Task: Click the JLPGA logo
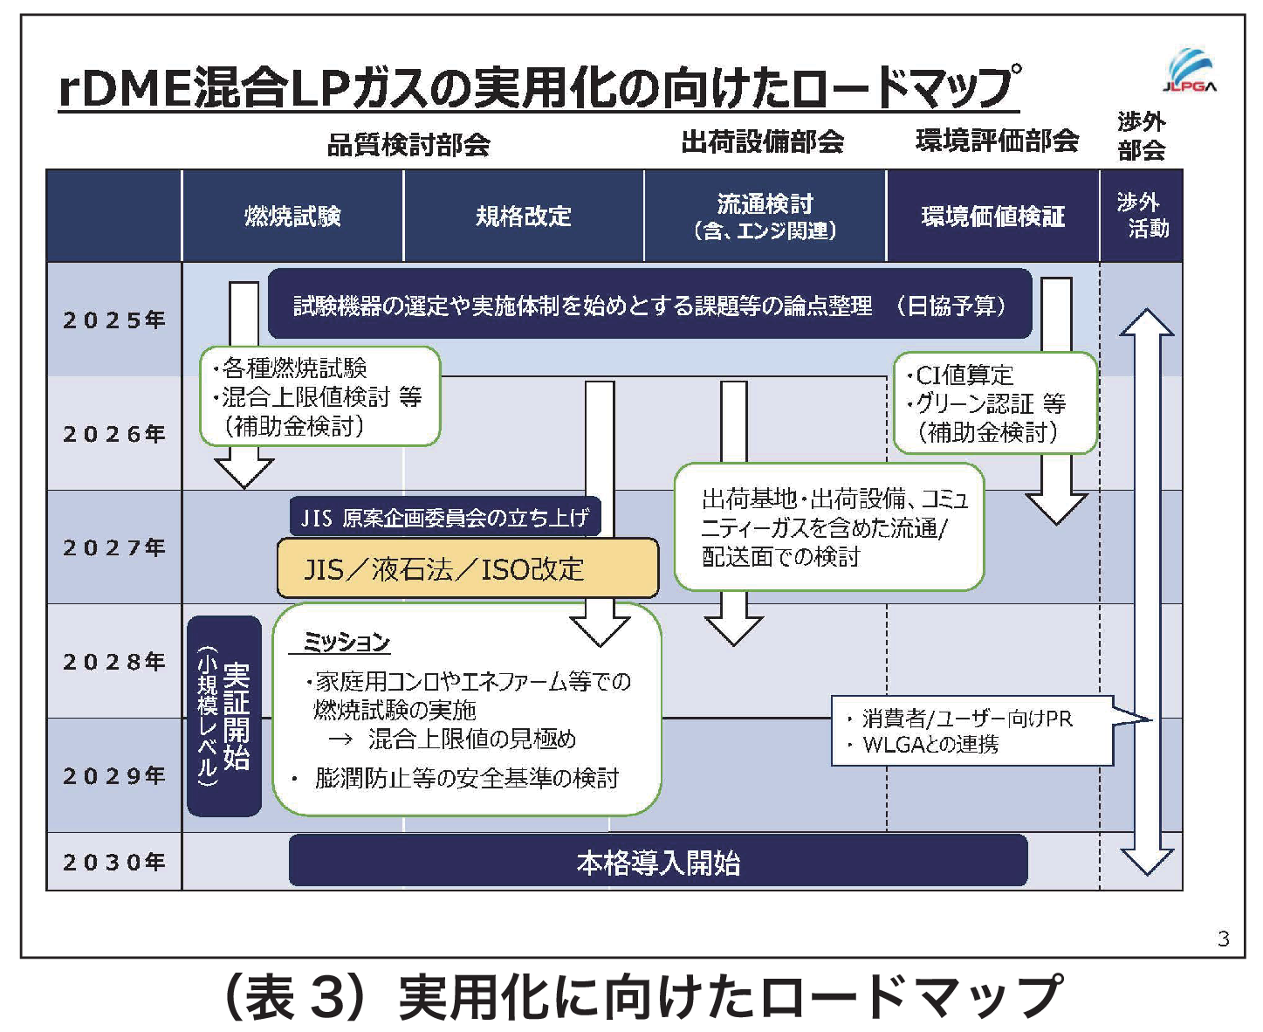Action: pyautogui.click(x=1190, y=71)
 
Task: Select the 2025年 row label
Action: pyautogui.click(x=113, y=320)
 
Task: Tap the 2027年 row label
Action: pyautogui.click(x=113, y=547)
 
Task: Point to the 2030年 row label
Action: pyautogui.click(x=113, y=862)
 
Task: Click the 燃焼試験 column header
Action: pyautogui.click(x=292, y=216)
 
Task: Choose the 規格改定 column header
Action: pyautogui.click(x=523, y=216)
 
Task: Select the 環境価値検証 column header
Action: pyautogui.click(x=992, y=216)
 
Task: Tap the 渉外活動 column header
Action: pyautogui.click(x=1142, y=215)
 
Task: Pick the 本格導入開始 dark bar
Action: pyautogui.click(x=658, y=862)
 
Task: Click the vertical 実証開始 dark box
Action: pyautogui.click(x=224, y=716)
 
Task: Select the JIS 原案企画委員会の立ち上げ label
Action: pyautogui.click(x=445, y=518)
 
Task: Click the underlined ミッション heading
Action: pyautogui.click(x=346, y=643)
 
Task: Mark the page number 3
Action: pyautogui.click(x=1223, y=939)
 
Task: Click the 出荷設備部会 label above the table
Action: pyautogui.click(x=762, y=141)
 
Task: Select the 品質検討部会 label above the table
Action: pyautogui.click(x=408, y=144)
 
